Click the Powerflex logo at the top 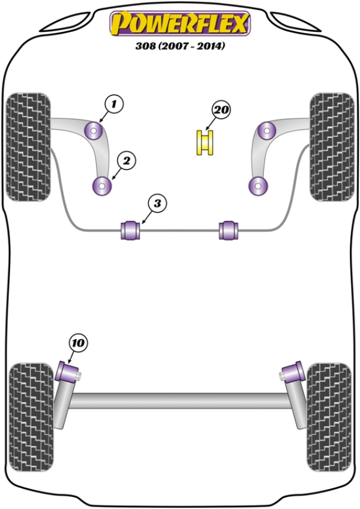point(179,23)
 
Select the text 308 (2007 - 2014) point(180,46)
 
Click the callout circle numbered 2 point(127,160)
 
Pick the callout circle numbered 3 point(157,203)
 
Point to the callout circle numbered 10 point(78,343)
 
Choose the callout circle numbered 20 point(221,110)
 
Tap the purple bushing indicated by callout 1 point(95,129)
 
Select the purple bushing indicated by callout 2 point(102,186)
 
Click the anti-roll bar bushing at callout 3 point(131,229)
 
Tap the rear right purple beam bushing point(293,370)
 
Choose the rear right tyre point(328,406)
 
